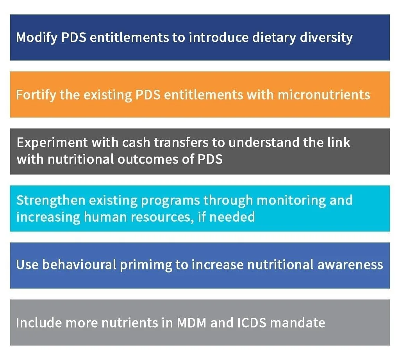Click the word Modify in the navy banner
click(37, 37)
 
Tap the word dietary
click(274, 37)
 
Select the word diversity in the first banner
click(326, 37)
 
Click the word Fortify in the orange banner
click(36, 95)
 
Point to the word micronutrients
click(324, 94)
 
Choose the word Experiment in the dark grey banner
click(52, 142)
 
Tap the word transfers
click(181, 142)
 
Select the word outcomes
click(148, 159)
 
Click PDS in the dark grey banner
click(210, 159)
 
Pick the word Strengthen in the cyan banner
click(51, 200)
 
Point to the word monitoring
click(291, 200)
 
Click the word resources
click(162, 217)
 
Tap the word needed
click(232, 217)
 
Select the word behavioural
click(79, 264)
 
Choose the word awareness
click(350, 265)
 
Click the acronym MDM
click(191, 323)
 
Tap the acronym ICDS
click(252, 323)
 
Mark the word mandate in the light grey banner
click(298, 323)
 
